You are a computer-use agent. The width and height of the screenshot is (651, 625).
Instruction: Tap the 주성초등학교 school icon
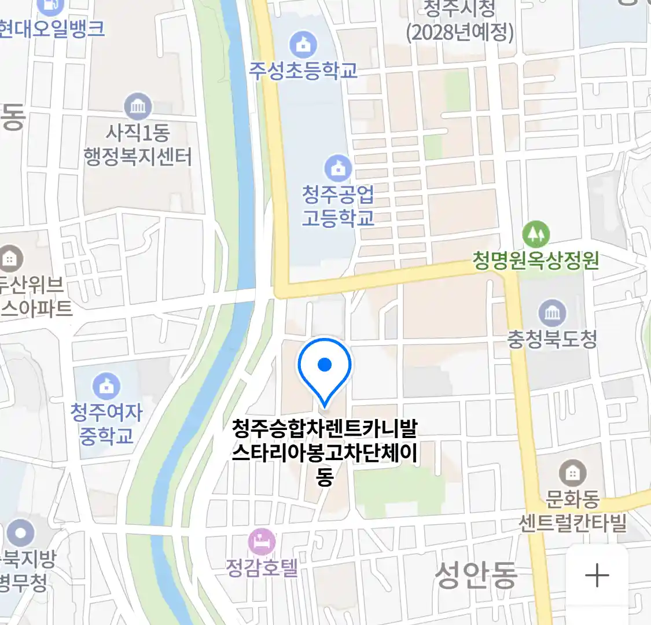click(x=303, y=45)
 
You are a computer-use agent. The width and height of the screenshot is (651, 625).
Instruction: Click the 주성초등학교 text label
click(x=303, y=71)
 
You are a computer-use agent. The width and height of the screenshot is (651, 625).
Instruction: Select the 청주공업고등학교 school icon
click(x=338, y=168)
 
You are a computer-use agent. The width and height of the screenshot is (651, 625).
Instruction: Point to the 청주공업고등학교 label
click(x=338, y=206)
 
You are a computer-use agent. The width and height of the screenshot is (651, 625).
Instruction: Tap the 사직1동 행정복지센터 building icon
click(x=138, y=106)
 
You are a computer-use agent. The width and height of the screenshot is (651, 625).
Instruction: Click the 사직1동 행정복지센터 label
click(x=138, y=145)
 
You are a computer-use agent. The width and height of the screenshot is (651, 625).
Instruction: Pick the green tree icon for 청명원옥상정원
click(x=536, y=234)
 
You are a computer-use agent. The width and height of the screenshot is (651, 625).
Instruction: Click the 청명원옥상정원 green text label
click(x=536, y=260)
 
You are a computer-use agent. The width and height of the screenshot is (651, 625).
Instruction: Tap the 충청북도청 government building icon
click(x=552, y=313)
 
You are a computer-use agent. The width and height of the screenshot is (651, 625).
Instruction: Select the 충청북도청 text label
click(x=552, y=339)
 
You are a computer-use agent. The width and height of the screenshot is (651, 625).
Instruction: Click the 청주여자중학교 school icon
click(x=106, y=386)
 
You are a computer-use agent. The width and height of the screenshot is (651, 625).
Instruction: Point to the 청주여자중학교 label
click(x=106, y=424)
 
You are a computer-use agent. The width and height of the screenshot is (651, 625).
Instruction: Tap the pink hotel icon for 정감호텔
click(x=262, y=542)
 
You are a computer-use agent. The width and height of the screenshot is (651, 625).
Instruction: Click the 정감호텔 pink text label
click(x=262, y=567)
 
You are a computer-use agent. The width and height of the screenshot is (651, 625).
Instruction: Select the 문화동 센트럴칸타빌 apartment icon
click(x=572, y=473)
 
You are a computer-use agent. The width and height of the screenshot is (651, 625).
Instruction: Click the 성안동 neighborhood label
click(x=476, y=575)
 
